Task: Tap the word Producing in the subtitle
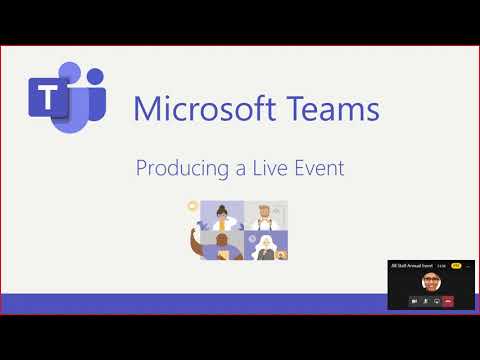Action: [x=177, y=168]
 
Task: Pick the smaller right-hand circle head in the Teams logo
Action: [x=96, y=78]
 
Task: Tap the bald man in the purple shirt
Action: [x=222, y=244]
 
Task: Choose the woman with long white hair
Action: [x=265, y=245]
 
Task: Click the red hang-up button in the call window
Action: [x=448, y=300]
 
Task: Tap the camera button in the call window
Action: [x=413, y=300]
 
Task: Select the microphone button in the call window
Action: [x=425, y=300]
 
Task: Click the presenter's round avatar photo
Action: [x=431, y=282]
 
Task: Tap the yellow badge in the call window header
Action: [x=456, y=265]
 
